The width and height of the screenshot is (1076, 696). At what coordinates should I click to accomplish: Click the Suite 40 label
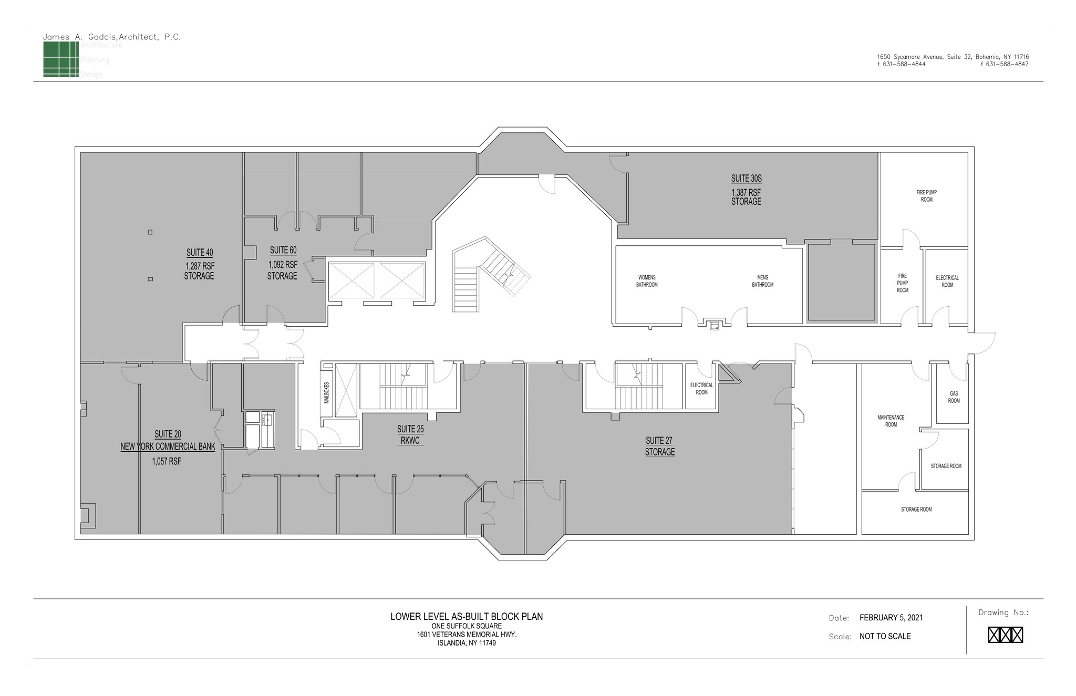click(x=200, y=253)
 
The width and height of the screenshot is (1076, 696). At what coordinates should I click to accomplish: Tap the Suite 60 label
click(x=283, y=251)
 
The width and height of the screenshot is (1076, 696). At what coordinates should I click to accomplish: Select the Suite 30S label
click(x=746, y=179)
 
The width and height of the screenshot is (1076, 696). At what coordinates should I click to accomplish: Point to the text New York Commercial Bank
click(x=168, y=447)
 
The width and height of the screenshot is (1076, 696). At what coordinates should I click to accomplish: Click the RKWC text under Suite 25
click(x=410, y=441)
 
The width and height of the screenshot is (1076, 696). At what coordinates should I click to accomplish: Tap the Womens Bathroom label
click(x=647, y=281)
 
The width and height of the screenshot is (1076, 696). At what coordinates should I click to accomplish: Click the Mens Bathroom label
click(x=762, y=281)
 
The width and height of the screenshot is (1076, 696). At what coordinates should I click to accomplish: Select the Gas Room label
click(x=954, y=397)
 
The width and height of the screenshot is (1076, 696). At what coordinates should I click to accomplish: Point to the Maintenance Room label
click(x=891, y=421)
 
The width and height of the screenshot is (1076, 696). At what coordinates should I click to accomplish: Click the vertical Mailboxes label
click(x=326, y=392)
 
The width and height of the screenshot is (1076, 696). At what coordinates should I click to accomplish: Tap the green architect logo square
click(x=60, y=59)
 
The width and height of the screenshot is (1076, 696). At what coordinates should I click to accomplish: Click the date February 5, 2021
click(x=891, y=618)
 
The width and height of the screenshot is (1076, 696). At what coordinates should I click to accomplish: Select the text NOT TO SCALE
click(x=885, y=637)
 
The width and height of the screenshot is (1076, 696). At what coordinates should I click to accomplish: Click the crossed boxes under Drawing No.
click(x=1005, y=635)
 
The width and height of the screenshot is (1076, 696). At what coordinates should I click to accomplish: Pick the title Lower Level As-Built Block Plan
click(x=467, y=617)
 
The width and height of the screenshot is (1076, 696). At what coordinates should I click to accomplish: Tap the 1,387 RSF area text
click(x=746, y=192)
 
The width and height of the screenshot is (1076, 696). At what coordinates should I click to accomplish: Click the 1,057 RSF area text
click(x=167, y=462)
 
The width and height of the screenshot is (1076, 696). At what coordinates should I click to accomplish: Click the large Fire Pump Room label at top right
click(x=926, y=196)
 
